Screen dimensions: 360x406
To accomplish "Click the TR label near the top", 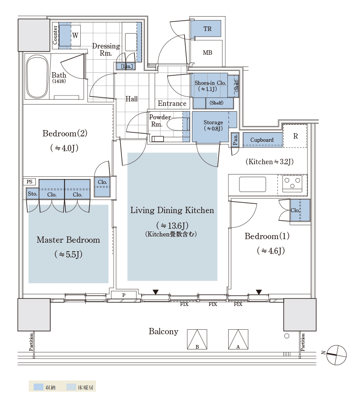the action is tap(207, 29).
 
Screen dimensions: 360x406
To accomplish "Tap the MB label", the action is tap(207, 53).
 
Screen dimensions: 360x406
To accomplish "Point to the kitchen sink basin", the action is tap(252, 184).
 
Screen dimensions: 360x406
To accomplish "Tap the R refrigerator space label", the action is tap(295, 136).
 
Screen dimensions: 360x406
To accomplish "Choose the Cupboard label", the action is tap(262, 140).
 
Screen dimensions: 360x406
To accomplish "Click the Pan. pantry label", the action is tap(235, 140).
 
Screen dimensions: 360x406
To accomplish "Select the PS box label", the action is tap(30, 182).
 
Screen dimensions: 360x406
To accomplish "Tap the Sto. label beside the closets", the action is tap(33, 194).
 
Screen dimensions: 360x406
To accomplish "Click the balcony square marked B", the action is tap(197, 339).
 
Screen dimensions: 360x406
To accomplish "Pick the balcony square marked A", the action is tap(238, 339).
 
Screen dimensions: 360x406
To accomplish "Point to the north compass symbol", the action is tap(336, 355).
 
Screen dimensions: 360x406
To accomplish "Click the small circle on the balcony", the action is tap(287, 336).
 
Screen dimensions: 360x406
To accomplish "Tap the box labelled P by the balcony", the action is tap(124, 295).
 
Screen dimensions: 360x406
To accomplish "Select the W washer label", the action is tap(75, 35).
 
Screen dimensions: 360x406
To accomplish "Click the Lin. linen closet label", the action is tap(127, 66).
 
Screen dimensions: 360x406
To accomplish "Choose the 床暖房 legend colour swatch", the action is tap(71, 387).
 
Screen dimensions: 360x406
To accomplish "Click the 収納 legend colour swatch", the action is tap(38, 387).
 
